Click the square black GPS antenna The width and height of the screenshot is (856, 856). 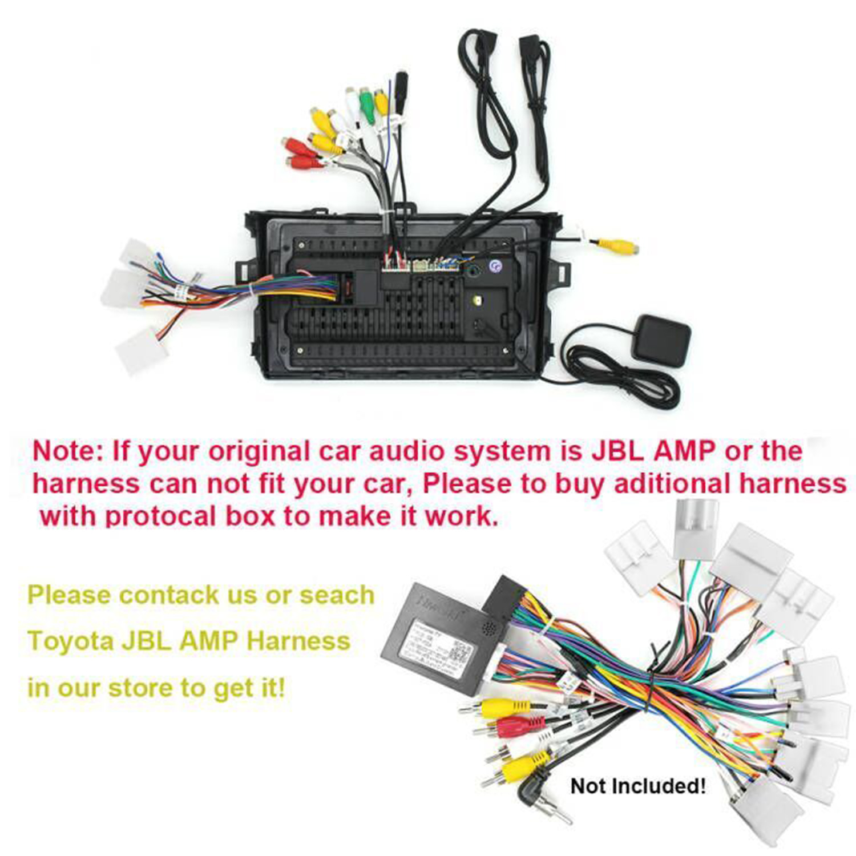(663, 340)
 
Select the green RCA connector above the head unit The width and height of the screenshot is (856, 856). (366, 104)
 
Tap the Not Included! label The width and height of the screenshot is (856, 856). (638, 786)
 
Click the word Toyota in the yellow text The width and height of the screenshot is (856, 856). (70, 641)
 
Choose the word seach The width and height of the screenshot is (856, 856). (337, 595)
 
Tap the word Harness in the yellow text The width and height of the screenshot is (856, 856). (298, 641)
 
